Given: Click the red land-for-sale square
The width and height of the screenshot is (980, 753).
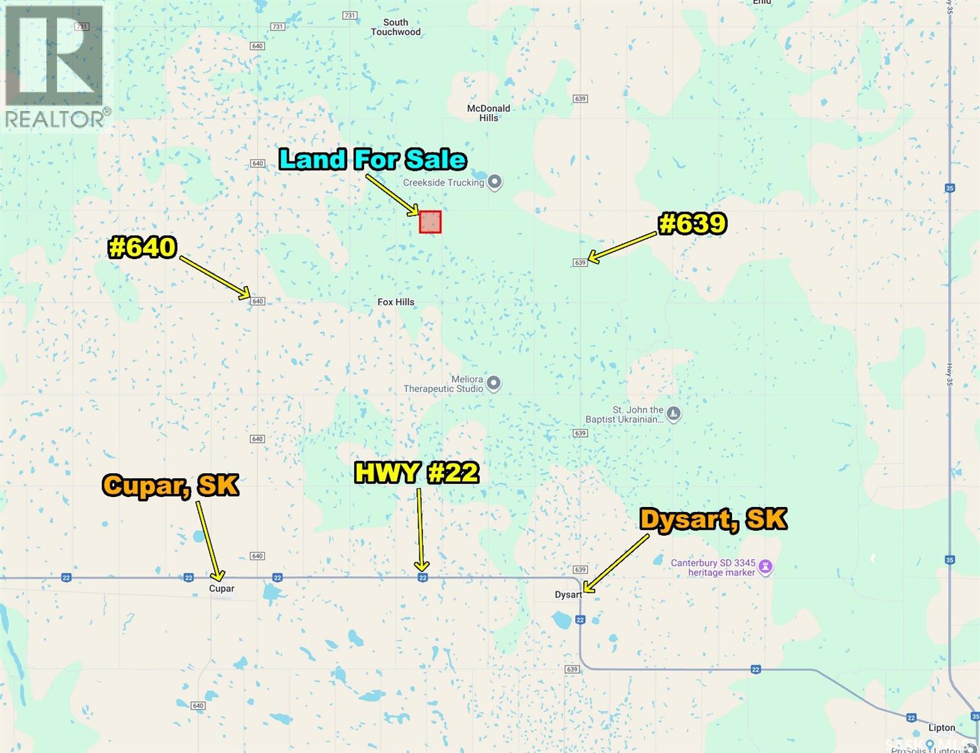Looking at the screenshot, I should pyautogui.click(x=430, y=222).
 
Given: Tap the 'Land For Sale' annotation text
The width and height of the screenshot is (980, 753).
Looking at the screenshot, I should pyautogui.click(x=373, y=159).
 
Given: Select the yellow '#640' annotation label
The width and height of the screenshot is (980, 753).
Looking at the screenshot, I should pyautogui.click(x=143, y=247).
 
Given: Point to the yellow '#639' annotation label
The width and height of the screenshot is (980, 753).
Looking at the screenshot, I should pyautogui.click(x=692, y=223).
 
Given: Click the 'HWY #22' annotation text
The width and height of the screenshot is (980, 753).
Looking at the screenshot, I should pyautogui.click(x=416, y=473).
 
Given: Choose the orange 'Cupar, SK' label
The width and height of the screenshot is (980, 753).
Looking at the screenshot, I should pyautogui.click(x=171, y=485).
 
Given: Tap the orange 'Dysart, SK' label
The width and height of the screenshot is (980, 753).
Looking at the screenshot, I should pyautogui.click(x=713, y=520).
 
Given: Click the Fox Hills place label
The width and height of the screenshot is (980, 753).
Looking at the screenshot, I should pyautogui.click(x=396, y=302).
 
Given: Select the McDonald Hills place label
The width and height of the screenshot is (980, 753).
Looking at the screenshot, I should pyautogui.click(x=488, y=113).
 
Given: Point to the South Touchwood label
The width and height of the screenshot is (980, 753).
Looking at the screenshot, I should pyautogui.click(x=396, y=27).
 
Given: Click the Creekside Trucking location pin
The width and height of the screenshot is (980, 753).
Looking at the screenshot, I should pyautogui.click(x=495, y=183).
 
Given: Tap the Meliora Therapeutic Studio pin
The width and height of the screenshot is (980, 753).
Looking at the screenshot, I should pyautogui.click(x=494, y=383).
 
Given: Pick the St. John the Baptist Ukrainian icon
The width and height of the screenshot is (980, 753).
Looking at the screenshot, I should pyautogui.click(x=674, y=414).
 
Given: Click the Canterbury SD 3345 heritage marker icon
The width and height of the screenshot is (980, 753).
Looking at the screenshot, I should pyautogui.click(x=765, y=567).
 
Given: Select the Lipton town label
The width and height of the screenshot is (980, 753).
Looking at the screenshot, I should pyautogui.click(x=942, y=728).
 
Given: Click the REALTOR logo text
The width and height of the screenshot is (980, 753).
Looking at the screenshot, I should pyautogui.click(x=55, y=119).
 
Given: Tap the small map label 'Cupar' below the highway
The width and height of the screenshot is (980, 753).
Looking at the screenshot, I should pyautogui.click(x=222, y=589).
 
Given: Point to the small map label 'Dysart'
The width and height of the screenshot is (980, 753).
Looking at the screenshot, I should pyautogui.click(x=568, y=595).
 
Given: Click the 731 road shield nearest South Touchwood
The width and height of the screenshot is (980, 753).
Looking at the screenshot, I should pyautogui.click(x=350, y=15).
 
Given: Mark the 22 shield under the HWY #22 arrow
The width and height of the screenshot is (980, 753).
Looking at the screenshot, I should pyautogui.click(x=423, y=577).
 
